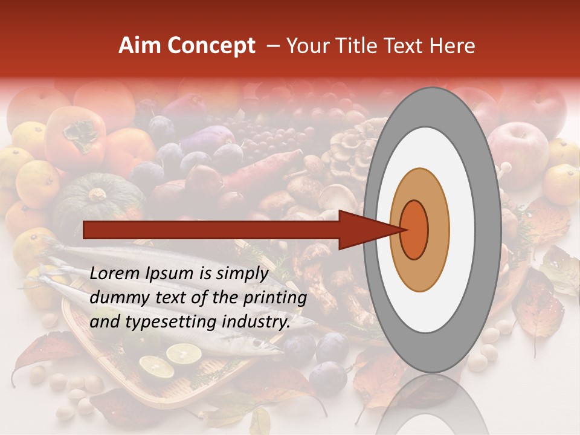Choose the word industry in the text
tap(255, 322)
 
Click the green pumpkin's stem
tap(97, 195)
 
